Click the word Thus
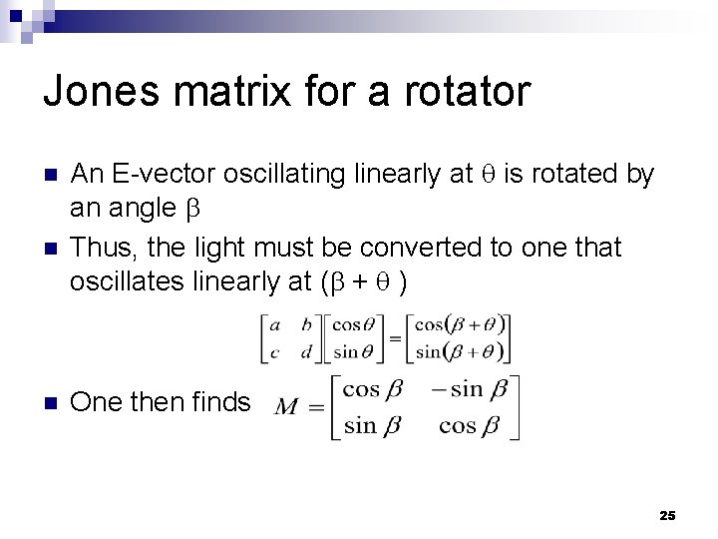(x=101, y=247)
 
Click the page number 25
(x=667, y=515)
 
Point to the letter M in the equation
(x=287, y=406)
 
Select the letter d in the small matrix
(x=306, y=350)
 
